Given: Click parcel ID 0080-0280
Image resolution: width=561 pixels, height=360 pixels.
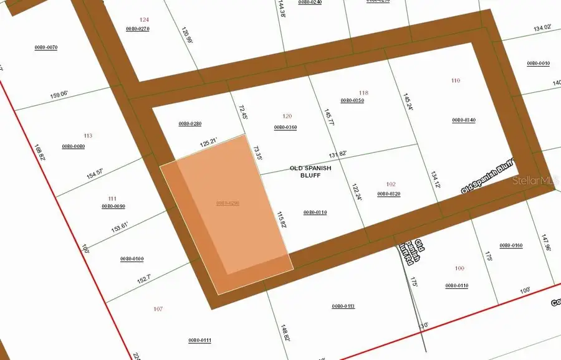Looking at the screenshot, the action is [190, 123].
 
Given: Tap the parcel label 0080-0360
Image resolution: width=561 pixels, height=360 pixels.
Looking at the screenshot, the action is [285, 127].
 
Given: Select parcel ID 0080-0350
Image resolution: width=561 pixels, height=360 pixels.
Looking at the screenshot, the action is [352, 100].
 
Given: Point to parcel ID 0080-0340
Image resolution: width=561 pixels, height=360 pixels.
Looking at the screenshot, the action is [464, 120].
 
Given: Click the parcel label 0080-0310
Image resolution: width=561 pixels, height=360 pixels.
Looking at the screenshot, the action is [315, 212].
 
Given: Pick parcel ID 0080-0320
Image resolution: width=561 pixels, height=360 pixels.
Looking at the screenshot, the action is [389, 194].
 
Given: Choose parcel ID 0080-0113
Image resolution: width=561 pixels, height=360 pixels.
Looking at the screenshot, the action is [343, 306].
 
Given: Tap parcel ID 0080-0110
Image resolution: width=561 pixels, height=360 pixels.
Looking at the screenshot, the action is [457, 285].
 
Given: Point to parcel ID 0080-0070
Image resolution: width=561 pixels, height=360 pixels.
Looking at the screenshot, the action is [46, 47].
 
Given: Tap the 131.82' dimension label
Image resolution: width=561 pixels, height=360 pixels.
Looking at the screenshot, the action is [338, 154].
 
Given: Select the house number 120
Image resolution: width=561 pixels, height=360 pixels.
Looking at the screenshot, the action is [287, 116].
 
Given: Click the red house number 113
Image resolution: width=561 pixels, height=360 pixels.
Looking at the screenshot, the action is [87, 135].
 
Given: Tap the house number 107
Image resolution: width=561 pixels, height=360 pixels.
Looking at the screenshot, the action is [157, 309].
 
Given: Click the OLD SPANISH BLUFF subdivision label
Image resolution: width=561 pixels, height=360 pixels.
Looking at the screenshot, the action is [310, 171].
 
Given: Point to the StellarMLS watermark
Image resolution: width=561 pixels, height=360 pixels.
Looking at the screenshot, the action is [533, 181].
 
